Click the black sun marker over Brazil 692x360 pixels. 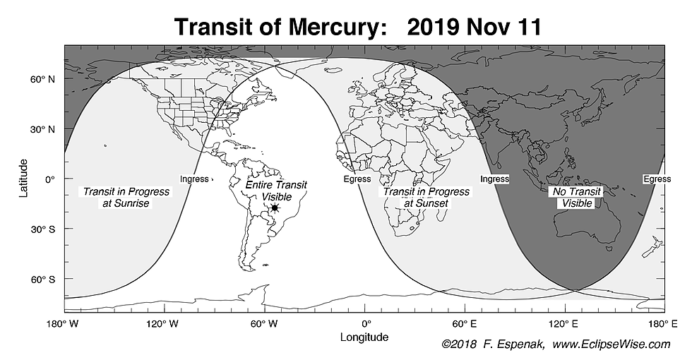275,208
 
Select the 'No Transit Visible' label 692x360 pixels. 578,198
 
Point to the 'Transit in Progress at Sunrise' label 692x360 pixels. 117,198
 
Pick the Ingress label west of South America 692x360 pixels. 194,179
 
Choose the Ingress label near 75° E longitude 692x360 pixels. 494,179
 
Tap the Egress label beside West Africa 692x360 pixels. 357,179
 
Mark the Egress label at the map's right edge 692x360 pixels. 657,179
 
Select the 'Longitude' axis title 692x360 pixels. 364,337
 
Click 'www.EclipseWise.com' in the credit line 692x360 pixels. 611,344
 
